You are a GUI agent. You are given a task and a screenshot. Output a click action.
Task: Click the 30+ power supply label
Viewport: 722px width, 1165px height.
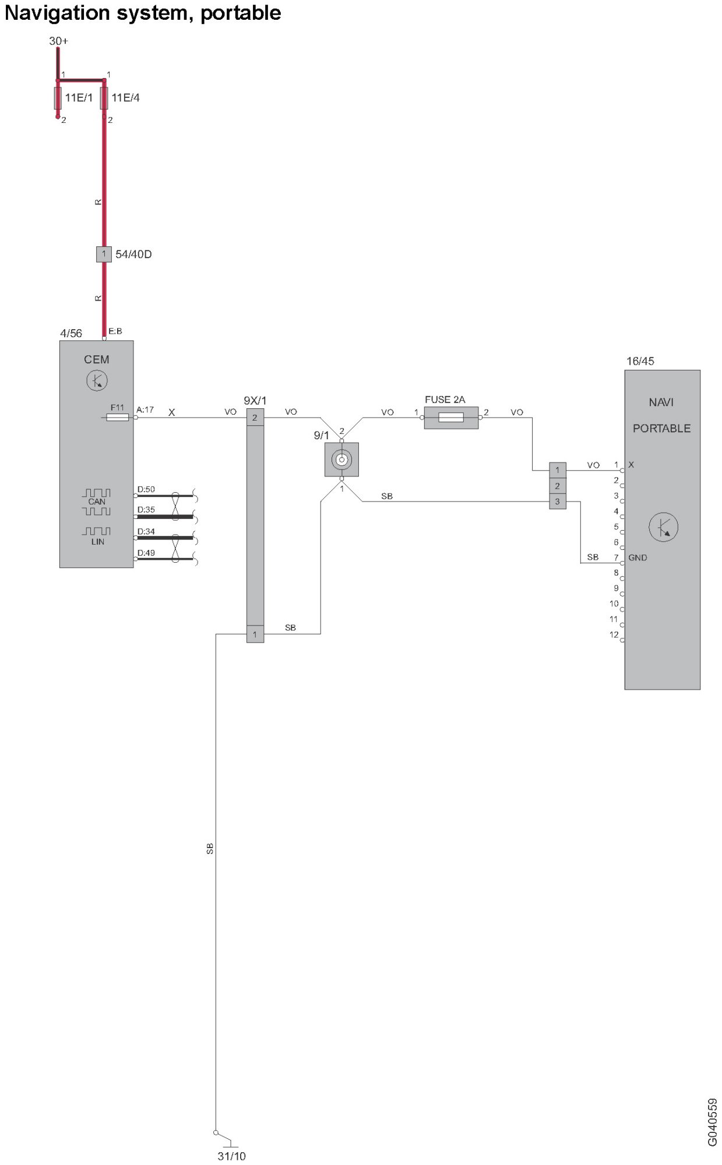58,41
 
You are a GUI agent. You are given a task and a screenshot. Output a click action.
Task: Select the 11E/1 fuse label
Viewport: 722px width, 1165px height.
79,98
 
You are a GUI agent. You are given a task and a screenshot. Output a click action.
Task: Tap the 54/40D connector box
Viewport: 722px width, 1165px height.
104,254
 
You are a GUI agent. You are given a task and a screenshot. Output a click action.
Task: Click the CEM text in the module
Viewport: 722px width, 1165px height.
97,359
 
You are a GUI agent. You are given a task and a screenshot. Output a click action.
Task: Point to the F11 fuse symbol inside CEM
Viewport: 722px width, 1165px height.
118,417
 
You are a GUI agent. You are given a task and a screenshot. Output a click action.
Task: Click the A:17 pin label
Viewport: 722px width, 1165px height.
145,409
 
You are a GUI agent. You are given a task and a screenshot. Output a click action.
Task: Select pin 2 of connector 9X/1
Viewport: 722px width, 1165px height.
255,418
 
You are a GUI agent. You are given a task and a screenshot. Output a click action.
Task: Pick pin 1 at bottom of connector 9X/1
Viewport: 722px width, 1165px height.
255,634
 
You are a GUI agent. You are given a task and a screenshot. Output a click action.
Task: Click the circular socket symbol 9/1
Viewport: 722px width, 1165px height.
341,460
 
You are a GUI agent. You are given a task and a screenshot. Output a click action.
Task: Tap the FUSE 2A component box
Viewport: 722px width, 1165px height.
451,418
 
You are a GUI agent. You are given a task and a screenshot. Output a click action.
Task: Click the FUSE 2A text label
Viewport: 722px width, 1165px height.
445,400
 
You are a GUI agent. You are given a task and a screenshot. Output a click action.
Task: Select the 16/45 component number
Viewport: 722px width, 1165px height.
640,361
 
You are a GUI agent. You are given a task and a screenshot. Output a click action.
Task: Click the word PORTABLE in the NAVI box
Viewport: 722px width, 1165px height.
661,428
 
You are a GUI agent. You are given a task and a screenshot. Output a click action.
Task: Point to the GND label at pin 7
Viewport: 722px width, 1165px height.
638,557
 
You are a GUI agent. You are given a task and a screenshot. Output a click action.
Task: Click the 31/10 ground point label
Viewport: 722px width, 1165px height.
231,1156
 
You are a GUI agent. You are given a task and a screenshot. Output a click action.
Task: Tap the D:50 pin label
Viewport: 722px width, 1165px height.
146,489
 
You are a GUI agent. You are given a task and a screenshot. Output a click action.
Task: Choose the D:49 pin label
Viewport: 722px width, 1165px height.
146,553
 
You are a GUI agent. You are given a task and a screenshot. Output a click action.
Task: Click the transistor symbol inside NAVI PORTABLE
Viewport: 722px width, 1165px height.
663,527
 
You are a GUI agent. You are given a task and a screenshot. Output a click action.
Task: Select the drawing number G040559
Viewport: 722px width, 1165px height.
712,1122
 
